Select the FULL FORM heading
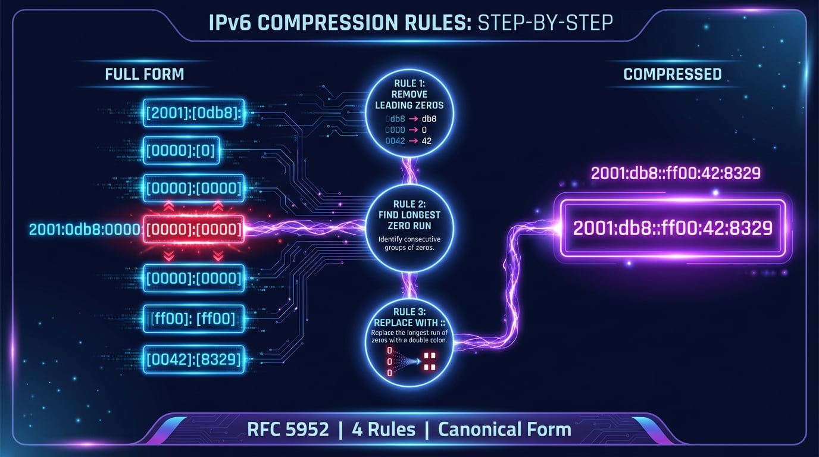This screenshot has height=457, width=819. (144, 74)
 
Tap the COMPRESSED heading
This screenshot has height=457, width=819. (672, 74)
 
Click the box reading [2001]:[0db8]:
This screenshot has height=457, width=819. (194, 113)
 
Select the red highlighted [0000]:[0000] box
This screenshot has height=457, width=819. (194, 229)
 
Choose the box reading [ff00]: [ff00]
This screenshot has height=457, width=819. (194, 319)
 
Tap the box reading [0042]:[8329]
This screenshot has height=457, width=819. (194, 359)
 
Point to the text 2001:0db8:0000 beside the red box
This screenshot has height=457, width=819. (84, 229)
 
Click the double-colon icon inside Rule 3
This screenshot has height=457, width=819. (429, 360)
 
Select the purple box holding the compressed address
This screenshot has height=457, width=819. (671, 228)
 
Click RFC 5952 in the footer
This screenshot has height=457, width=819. (287, 429)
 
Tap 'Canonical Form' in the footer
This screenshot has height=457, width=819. (504, 429)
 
